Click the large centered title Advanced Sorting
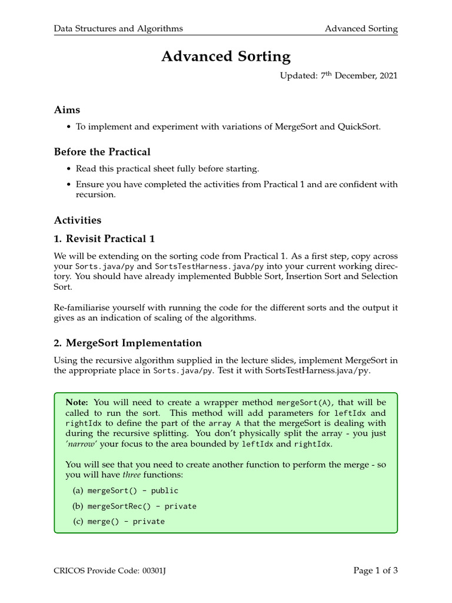pos(226,57)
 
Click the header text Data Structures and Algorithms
pos(118,28)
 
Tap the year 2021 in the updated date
pos(387,76)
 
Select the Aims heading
pos(67,110)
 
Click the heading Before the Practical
pos(102,152)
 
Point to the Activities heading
pos(78,220)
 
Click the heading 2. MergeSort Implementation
pos(128,343)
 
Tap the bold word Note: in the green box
pos(77,402)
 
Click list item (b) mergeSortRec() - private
pos(134,506)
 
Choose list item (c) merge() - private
pos(118,521)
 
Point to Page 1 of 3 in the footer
pos(375,570)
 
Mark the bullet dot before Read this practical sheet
pos(69,169)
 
